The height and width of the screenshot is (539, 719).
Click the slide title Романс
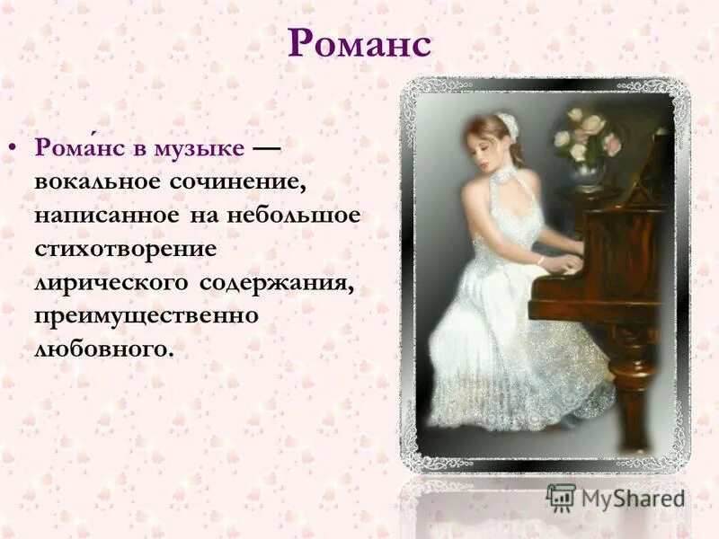pos(359,44)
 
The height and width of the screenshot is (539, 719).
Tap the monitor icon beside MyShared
pos(561,497)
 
